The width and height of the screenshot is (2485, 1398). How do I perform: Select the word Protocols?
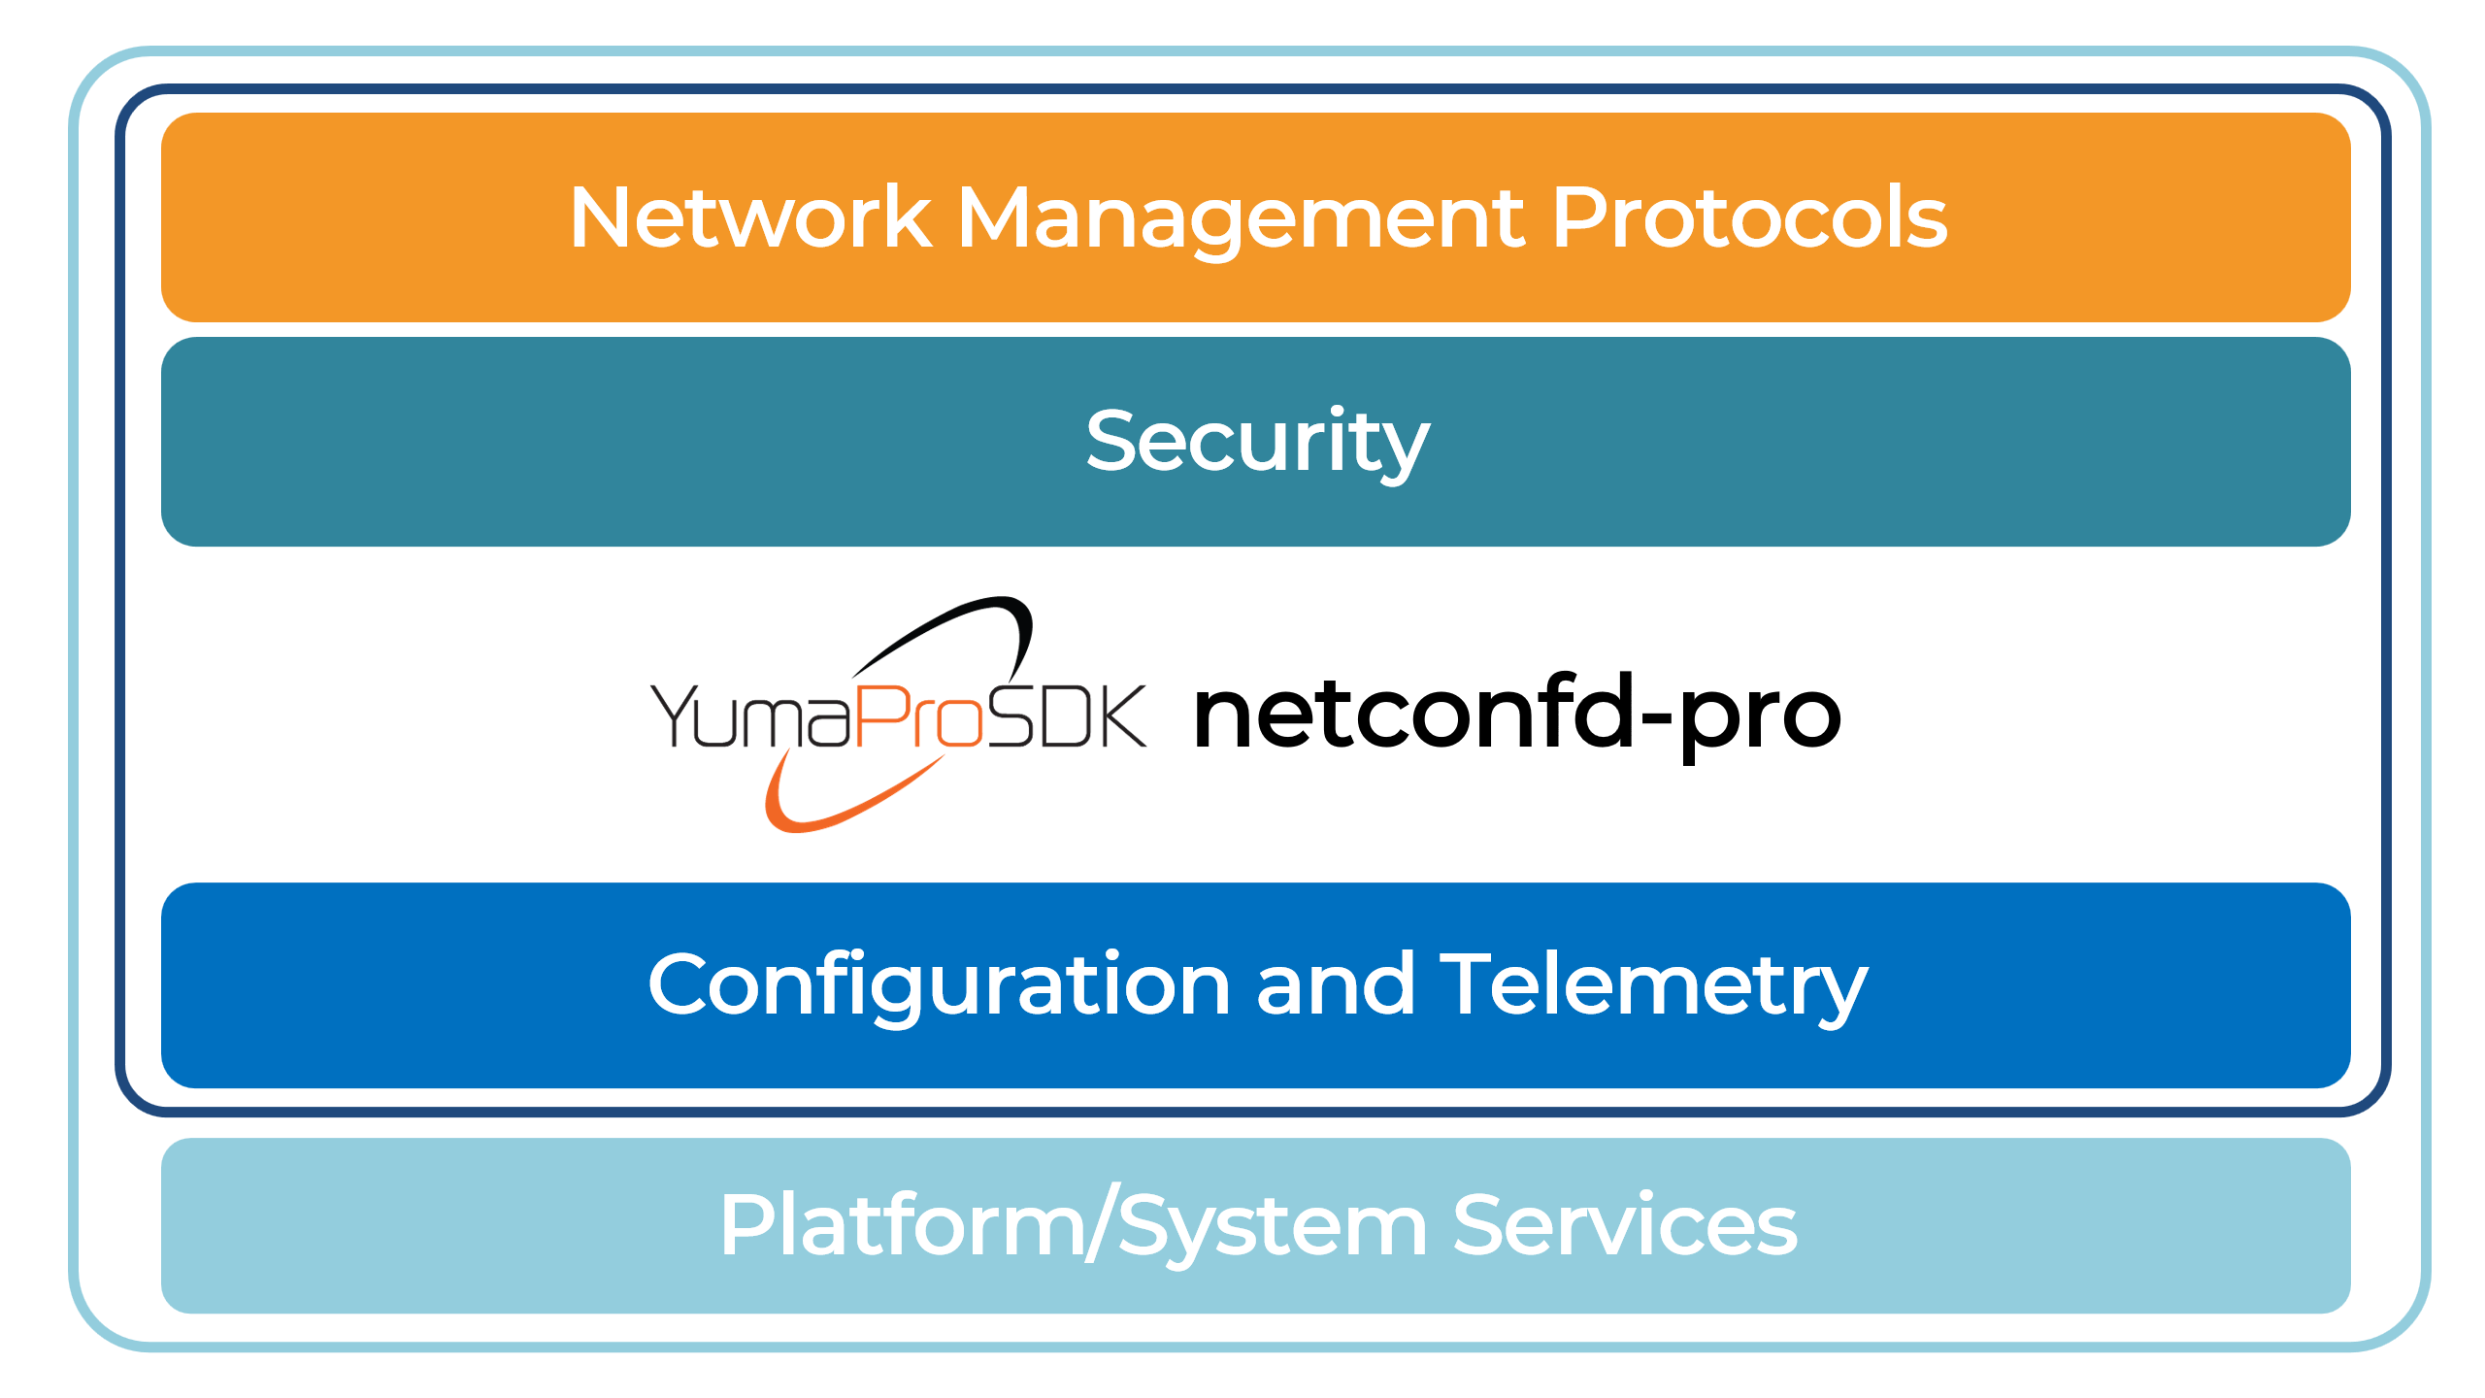[1748, 217]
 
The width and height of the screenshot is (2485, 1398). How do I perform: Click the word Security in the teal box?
[1257, 443]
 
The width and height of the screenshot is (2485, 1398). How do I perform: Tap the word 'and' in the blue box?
[1335, 984]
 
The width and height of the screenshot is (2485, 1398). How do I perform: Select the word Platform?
[902, 1225]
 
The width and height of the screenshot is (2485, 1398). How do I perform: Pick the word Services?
[1625, 1225]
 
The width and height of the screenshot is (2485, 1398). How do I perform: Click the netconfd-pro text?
[1516, 716]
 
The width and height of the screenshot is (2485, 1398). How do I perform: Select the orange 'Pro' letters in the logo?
[918, 716]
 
